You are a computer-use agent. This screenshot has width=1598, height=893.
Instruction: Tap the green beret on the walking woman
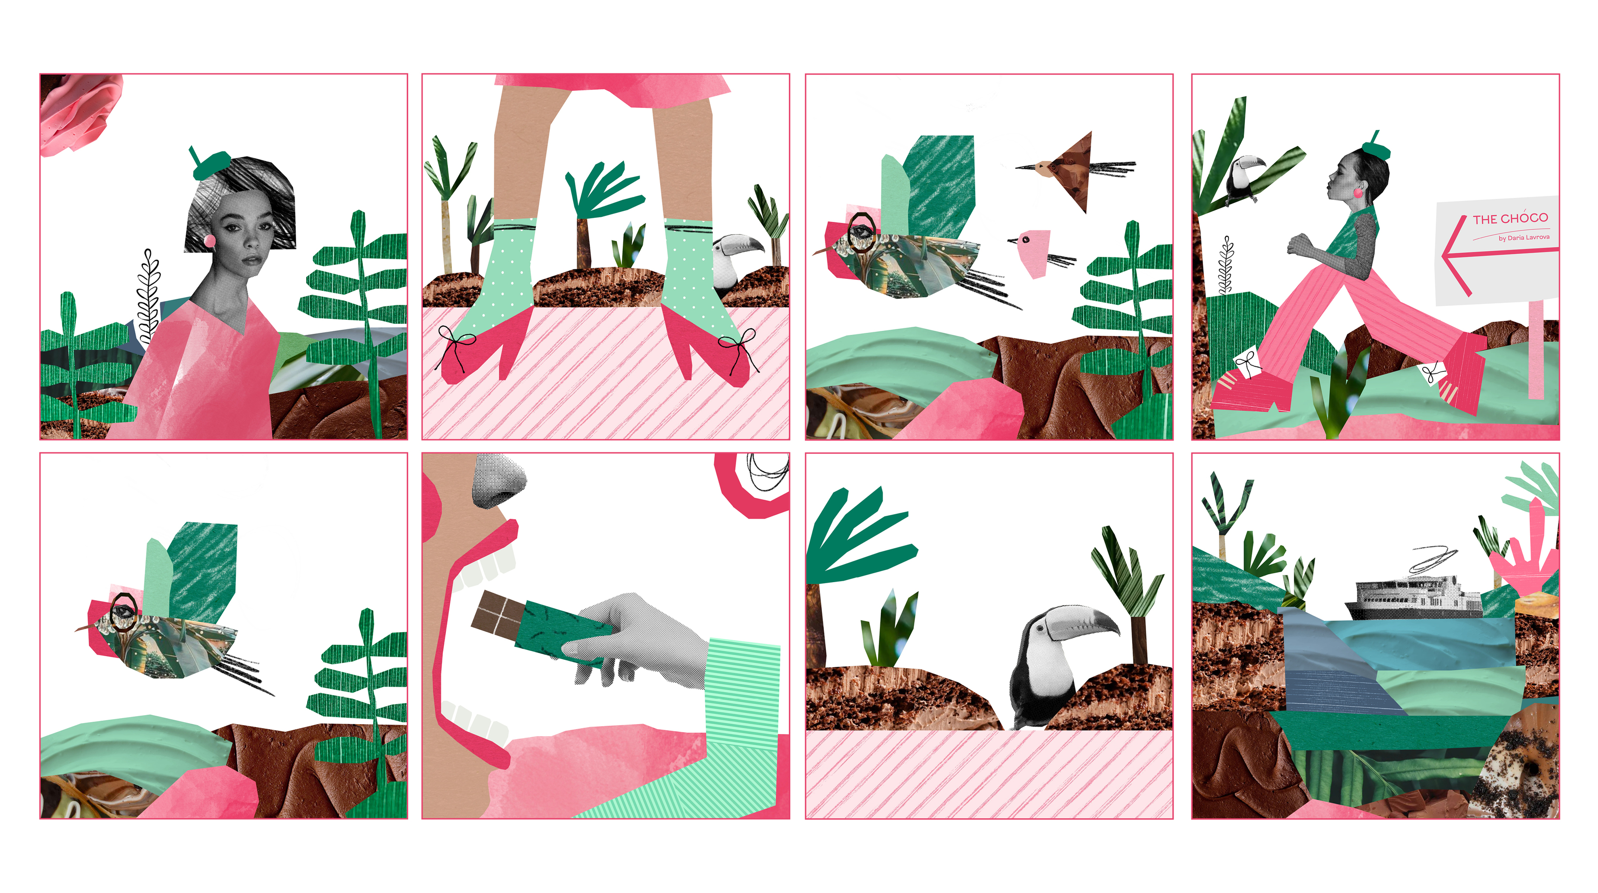click(x=1375, y=148)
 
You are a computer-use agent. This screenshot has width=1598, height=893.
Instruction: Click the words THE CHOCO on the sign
click(x=1511, y=218)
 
